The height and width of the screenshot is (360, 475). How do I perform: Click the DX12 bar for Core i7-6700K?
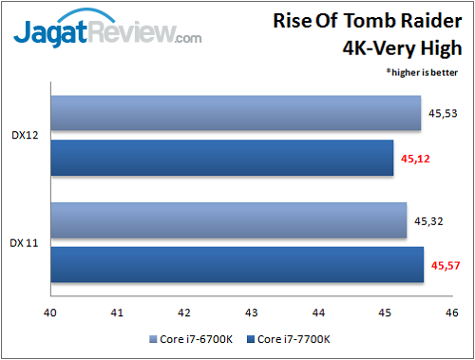coord(236,114)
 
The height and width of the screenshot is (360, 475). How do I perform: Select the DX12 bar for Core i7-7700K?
coord(221,158)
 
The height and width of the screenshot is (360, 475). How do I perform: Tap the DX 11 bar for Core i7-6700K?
coord(229,221)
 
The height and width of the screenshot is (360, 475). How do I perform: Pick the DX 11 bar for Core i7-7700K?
coord(237,265)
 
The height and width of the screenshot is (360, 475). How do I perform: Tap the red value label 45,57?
coord(446,266)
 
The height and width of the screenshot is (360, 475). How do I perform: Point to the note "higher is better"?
coord(425,71)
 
